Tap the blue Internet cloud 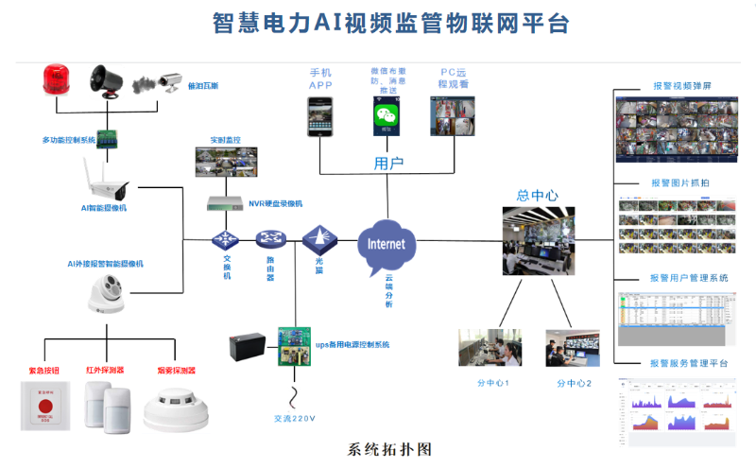tap(386, 243)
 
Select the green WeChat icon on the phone tap(385, 116)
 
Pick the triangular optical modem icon tap(318, 236)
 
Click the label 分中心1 tap(493, 383)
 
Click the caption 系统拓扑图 tap(389, 448)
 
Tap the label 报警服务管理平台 tap(689, 363)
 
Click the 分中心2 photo tap(572, 348)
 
